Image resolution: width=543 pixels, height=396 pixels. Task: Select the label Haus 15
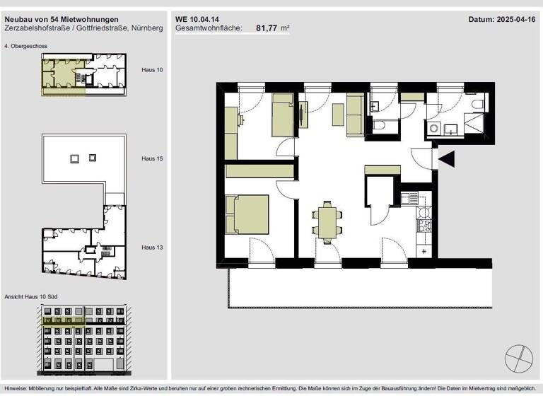(x=152, y=159)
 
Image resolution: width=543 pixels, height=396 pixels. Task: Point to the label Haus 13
(x=152, y=248)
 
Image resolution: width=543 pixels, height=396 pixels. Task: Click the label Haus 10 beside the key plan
(x=152, y=71)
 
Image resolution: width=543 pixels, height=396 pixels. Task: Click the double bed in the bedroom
(x=247, y=214)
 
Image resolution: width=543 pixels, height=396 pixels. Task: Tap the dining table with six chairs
(x=327, y=223)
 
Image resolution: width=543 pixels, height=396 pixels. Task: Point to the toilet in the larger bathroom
(x=477, y=105)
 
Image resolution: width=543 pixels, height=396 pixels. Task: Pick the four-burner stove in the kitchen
(x=424, y=226)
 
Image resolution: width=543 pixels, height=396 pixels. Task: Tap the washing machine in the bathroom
(x=433, y=129)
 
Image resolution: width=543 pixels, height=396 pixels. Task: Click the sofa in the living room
(x=354, y=117)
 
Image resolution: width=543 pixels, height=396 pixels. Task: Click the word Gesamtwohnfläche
(x=208, y=28)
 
